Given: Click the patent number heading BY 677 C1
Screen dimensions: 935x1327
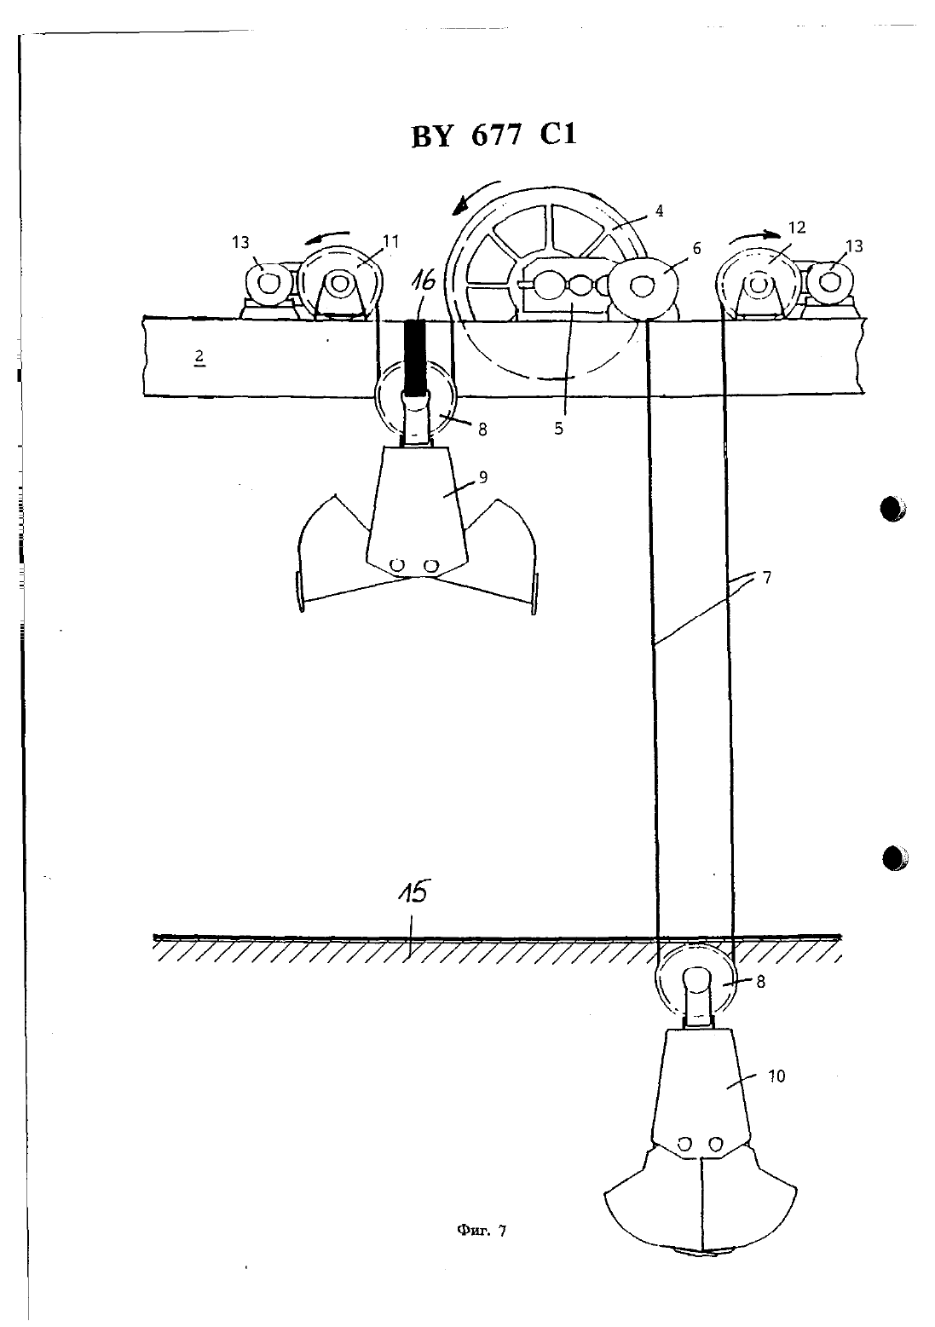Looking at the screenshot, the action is pos(493,136).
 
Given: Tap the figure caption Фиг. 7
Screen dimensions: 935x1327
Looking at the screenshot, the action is pos(481,1231).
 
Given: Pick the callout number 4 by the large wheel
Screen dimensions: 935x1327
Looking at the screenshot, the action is pos(659,211).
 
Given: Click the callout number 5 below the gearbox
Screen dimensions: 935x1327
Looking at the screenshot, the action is pos(559,429).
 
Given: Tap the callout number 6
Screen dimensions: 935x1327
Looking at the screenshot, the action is pos(697,248).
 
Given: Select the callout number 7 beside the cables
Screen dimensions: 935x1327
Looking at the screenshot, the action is pos(767,578).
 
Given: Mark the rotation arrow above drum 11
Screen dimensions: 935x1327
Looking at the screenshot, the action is pos(327,238).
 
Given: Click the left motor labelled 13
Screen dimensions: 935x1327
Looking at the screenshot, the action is pos(268,284).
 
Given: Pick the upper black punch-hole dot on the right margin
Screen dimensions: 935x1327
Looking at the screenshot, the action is pos(893,508).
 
